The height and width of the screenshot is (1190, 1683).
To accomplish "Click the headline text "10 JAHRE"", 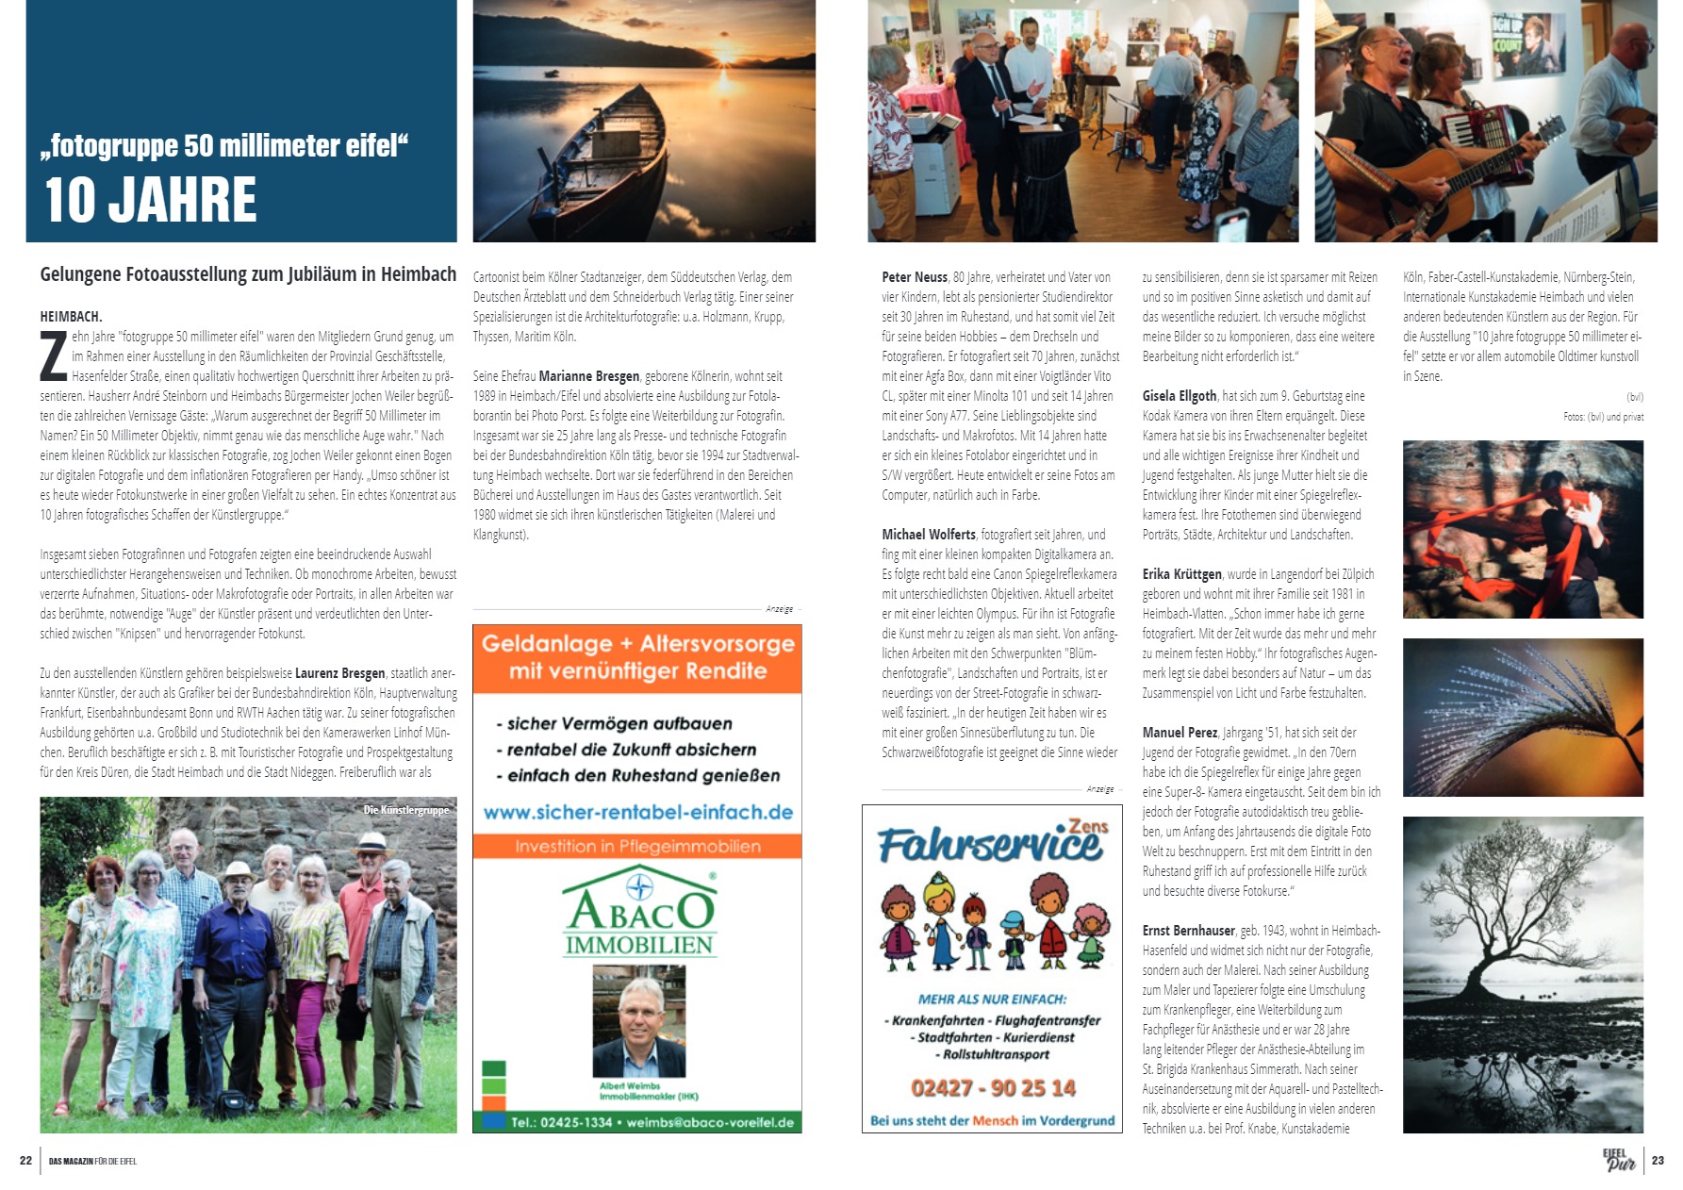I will pyautogui.click(x=151, y=199).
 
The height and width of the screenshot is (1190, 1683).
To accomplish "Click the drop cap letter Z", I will pyautogui.click(x=54, y=355).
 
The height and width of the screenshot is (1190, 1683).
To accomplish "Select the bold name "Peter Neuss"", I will pyautogui.click(x=915, y=277).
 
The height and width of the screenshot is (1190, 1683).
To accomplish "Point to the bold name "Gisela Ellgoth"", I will pyautogui.click(x=1180, y=396).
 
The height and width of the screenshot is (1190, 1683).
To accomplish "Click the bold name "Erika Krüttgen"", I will pyautogui.click(x=1181, y=574).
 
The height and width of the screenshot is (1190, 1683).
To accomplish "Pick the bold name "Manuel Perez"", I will pyautogui.click(x=1180, y=733).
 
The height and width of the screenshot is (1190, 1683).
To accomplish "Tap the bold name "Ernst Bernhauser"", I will pyautogui.click(x=1188, y=931).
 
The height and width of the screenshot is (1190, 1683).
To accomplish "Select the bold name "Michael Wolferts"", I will pyautogui.click(x=929, y=535).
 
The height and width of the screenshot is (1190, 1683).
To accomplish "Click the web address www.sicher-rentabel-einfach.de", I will pyautogui.click(x=637, y=812).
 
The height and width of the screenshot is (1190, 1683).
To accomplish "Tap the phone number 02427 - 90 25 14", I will pyautogui.click(x=992, y=1087).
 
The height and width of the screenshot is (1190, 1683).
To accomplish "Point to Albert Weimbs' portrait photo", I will pyautogui.click(x=638, y=1022).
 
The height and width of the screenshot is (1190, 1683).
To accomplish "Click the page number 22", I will pyautogui.click(x=25, y=1161).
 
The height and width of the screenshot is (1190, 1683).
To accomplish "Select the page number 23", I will pyautogui.click(x=1658, y=1161).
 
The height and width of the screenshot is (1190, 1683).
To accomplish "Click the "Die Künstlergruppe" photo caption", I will pyautogui.click(x=406, y=810).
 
